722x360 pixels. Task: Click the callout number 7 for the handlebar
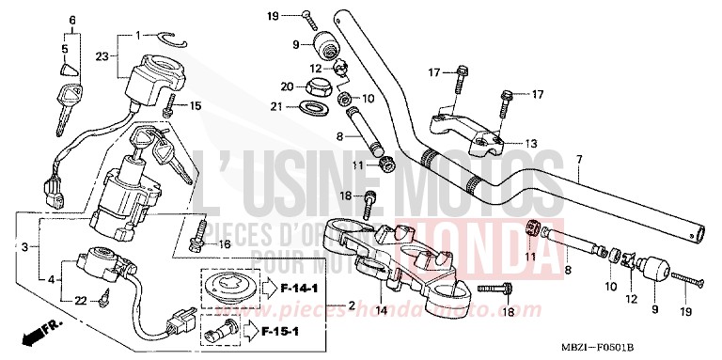click(x=579, y=159)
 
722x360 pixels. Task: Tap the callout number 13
click(x=531, y=144)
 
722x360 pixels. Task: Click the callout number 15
click(x=196, y=105)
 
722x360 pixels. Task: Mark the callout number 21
click(x=276, y=107)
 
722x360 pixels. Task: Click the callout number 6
click(x=74, y=20)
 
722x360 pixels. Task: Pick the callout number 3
click(x=24, y=246)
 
